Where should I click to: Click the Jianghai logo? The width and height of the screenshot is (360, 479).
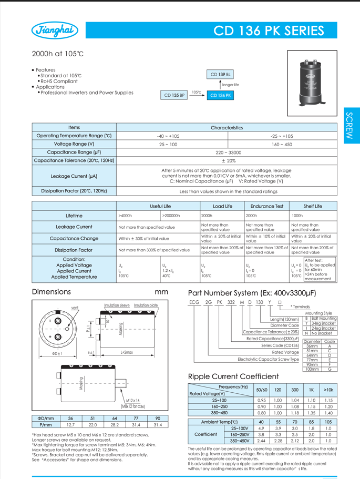(x=55, y=31)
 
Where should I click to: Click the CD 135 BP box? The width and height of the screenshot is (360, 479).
(x=174, y=95)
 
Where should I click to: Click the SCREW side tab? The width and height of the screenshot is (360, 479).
(x=351, y=127)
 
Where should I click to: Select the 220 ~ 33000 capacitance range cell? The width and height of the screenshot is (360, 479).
(x=228, y=152)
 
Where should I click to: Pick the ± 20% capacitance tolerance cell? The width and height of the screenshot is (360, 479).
(x=228, y=160)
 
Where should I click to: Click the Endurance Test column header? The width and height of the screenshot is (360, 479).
(x=266, y=206)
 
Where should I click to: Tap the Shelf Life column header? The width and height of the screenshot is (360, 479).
(x=313, y=206)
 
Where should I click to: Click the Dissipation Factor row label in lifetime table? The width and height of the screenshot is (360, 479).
(x=74, y=250)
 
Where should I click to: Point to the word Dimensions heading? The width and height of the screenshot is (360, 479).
(x=52, y=291)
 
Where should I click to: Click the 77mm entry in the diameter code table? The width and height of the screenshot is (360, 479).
(x=312, y=359)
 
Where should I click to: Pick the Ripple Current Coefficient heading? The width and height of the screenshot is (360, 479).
(x=233, y=376)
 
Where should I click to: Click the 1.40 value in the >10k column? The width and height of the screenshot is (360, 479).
(x=328, y=413)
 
